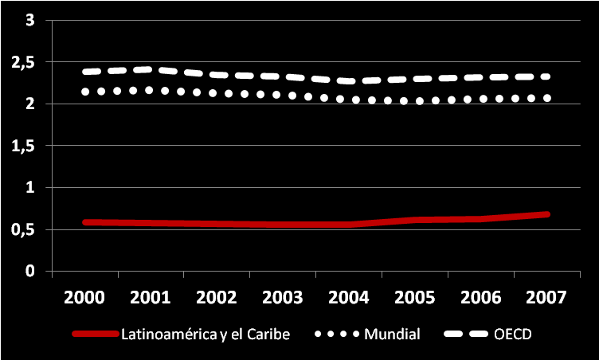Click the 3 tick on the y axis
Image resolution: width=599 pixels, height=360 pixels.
tap(30, 20)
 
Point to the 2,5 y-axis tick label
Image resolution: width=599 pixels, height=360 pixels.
tap(24, 62)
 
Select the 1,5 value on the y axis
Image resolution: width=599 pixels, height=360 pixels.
tap(24, 146)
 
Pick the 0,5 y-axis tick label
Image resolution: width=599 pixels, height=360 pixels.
tap(24, 230)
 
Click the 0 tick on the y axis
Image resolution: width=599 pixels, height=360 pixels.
tap(30, 272)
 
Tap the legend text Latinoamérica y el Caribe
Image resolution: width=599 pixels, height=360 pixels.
tap(205, 334)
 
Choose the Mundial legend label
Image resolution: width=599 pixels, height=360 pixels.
tap(392, 334)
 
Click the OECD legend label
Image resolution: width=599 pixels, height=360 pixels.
tap(514, 334)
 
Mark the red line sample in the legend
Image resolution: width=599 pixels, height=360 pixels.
tap(95, 334)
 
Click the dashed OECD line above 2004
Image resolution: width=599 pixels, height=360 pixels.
tap(349, 80)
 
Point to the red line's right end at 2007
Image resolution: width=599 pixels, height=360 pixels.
tap(546, 214)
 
